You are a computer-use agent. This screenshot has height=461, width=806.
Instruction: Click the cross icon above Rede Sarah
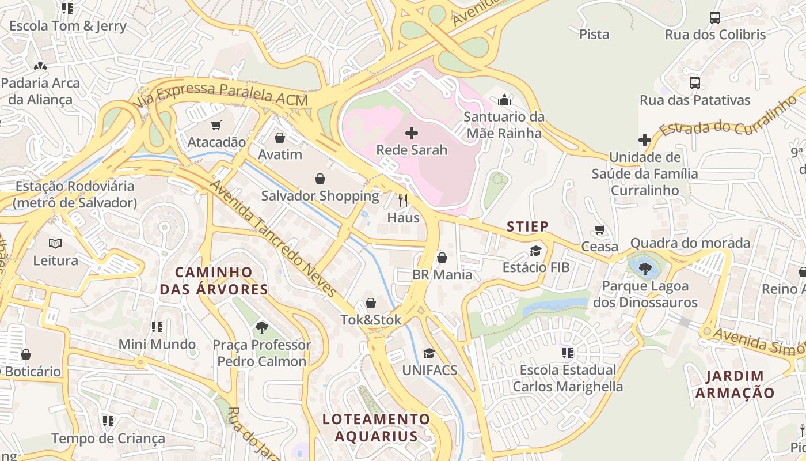coord(412,134)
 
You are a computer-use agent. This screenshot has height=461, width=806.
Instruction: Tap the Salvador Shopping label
coord(320,196)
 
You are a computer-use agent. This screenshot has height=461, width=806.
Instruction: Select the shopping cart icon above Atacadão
coord(216,125)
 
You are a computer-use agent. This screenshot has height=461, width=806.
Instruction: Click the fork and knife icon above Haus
coord(403,201)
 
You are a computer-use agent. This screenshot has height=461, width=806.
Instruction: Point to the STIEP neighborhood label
coord(527,226)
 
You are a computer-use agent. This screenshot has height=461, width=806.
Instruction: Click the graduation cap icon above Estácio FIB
coord(536,251)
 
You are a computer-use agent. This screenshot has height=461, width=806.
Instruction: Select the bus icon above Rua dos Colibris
coord(715,18)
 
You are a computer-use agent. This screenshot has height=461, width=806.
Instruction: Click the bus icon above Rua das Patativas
coord(695,83)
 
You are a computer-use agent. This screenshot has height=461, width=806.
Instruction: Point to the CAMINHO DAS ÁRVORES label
coord(214,281)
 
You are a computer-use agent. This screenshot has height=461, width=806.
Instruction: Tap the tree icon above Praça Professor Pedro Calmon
coord(262,328)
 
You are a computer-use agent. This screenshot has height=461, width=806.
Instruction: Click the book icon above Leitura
coord(55,244)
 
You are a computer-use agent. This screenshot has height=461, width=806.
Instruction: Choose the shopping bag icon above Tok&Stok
coord(371,303)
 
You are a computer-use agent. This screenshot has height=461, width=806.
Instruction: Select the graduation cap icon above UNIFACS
coord(429,353)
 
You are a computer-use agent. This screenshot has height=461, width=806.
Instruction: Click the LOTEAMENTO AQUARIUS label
coord(376,428)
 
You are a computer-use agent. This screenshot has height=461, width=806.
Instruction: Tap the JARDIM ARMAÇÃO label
coord(735,384)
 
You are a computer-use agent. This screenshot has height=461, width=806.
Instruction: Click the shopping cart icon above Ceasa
coord(600,230)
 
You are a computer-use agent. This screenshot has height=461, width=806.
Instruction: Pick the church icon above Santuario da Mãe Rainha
coord(504,100)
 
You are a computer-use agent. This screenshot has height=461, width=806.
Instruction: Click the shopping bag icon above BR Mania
coord(442,258)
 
